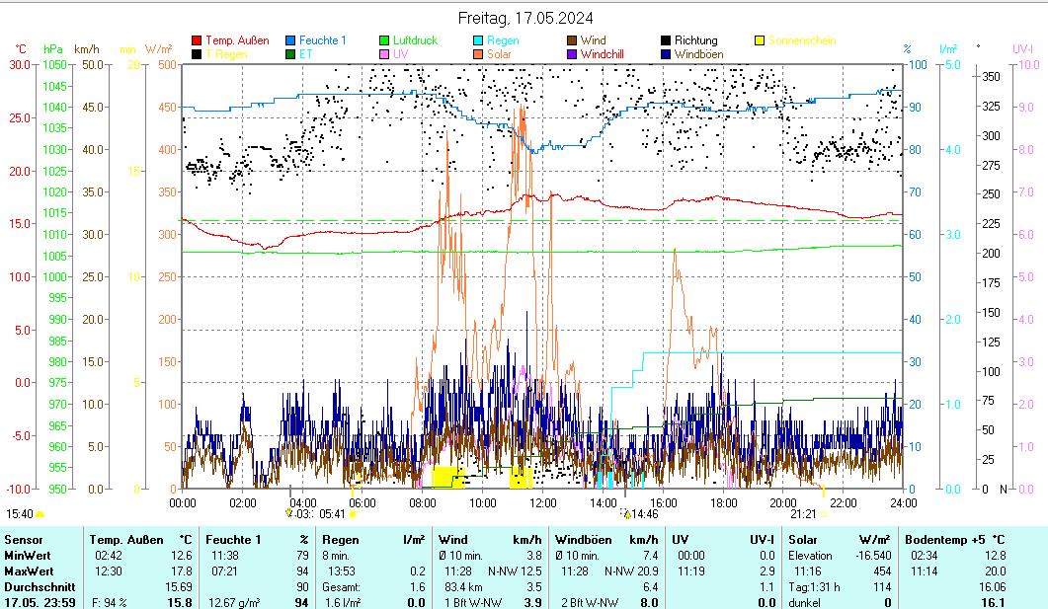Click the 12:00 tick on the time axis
coord(543,502)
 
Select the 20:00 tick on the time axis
coord(783,502)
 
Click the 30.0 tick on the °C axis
coord(20,64)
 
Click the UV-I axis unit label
coord(1022,48)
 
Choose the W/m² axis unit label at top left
coord(158,48)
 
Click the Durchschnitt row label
coord(37,586)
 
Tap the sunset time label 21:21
coord(803,514)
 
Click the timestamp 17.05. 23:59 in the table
coord(40,602)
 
